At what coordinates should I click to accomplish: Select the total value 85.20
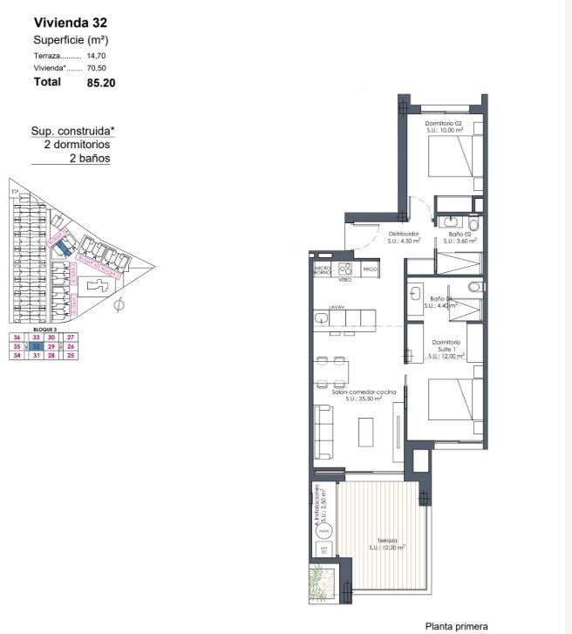pos(101,83)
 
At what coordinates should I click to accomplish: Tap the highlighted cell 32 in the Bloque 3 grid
pos(37,346)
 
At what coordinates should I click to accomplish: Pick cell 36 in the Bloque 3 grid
pos(17,337)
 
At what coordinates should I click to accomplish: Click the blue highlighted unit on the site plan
pos(62,248)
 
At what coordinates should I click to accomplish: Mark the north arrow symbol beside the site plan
pos(119,304)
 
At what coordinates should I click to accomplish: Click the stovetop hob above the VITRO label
pos(345,268)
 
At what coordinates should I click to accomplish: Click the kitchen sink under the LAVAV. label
pos(323,320)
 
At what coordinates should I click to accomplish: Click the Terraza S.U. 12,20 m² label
pos(386,543)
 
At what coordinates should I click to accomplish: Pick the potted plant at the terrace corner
pos(319,580)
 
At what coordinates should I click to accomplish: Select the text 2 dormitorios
pos(77,145)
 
